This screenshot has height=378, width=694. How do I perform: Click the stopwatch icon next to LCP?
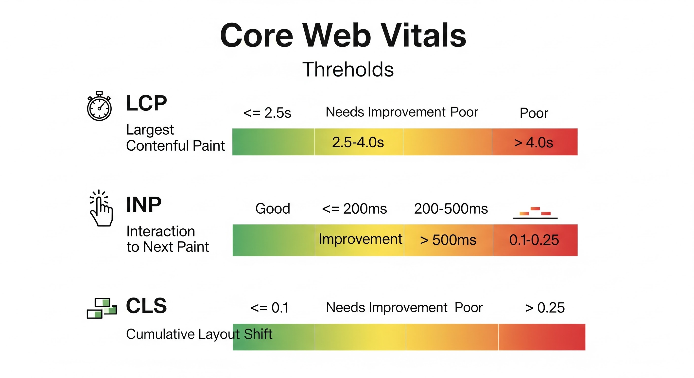click(99, 106)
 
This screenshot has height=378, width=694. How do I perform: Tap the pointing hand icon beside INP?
click(101, 208)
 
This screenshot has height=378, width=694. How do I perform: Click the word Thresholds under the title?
click(348, 69)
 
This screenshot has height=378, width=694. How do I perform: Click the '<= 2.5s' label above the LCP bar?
click(267, 113)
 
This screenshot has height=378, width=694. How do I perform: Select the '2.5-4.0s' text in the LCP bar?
click(358, 142)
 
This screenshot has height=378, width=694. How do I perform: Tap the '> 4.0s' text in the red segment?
click(533, 142)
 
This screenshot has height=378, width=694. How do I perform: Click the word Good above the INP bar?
click(273, 209)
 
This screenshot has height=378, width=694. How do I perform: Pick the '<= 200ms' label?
click(354, 209)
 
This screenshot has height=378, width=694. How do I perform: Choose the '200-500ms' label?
click(451, 209)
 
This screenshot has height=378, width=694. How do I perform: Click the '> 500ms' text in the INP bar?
click(448, 240)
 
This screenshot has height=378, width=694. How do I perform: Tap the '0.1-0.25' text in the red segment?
click(534, 240)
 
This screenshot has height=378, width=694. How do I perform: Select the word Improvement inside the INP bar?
click(360, 239)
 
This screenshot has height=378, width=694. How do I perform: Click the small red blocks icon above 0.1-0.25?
click(535, 212)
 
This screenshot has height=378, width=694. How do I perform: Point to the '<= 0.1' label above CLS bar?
click(269, 308)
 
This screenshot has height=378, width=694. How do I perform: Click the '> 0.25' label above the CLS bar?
click(545, 308)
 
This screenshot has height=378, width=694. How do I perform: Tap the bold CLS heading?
click(146, 306)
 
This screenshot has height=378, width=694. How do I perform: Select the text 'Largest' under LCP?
click(150, 130)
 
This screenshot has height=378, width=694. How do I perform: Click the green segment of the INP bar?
click(274, 240)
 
